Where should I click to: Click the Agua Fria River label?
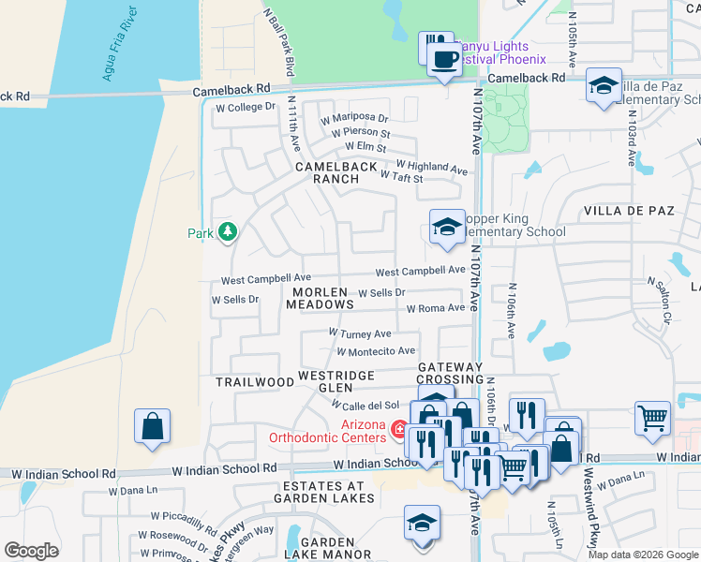click(x=126, y=47)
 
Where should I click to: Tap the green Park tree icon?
click(x=227, y=231)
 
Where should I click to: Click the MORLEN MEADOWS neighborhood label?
click(x=320, y=298)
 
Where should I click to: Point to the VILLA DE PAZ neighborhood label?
click(x=629, y=212)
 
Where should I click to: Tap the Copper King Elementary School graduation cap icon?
click(x=447, y=227)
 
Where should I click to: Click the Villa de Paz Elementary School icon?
click(x=603, y=85)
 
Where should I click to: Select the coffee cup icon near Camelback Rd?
click(x=444, y=59)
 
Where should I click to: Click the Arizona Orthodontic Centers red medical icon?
click(x=399, y=431)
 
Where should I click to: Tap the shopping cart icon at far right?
click(x=652, y=418)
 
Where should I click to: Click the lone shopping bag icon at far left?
click(x=152, y=426)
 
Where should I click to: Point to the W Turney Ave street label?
click(x=359, y=333)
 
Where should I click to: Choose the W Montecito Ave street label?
click(x=375, y=351)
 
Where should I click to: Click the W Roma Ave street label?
click(x=435, y=308)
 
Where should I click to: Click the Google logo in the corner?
click(x=31, y=550)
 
